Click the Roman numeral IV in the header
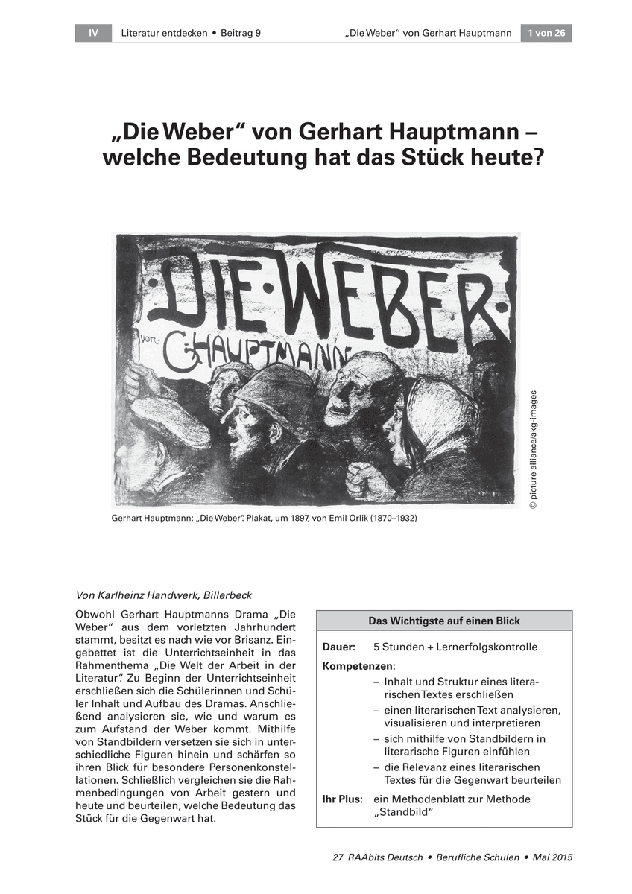point(93,33)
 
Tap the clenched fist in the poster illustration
point(370,480)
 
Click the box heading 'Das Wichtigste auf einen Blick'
point(444,621)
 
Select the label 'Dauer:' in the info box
point(339,647)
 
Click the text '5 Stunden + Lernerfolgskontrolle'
point(455,647)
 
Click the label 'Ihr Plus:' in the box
point(342,799)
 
